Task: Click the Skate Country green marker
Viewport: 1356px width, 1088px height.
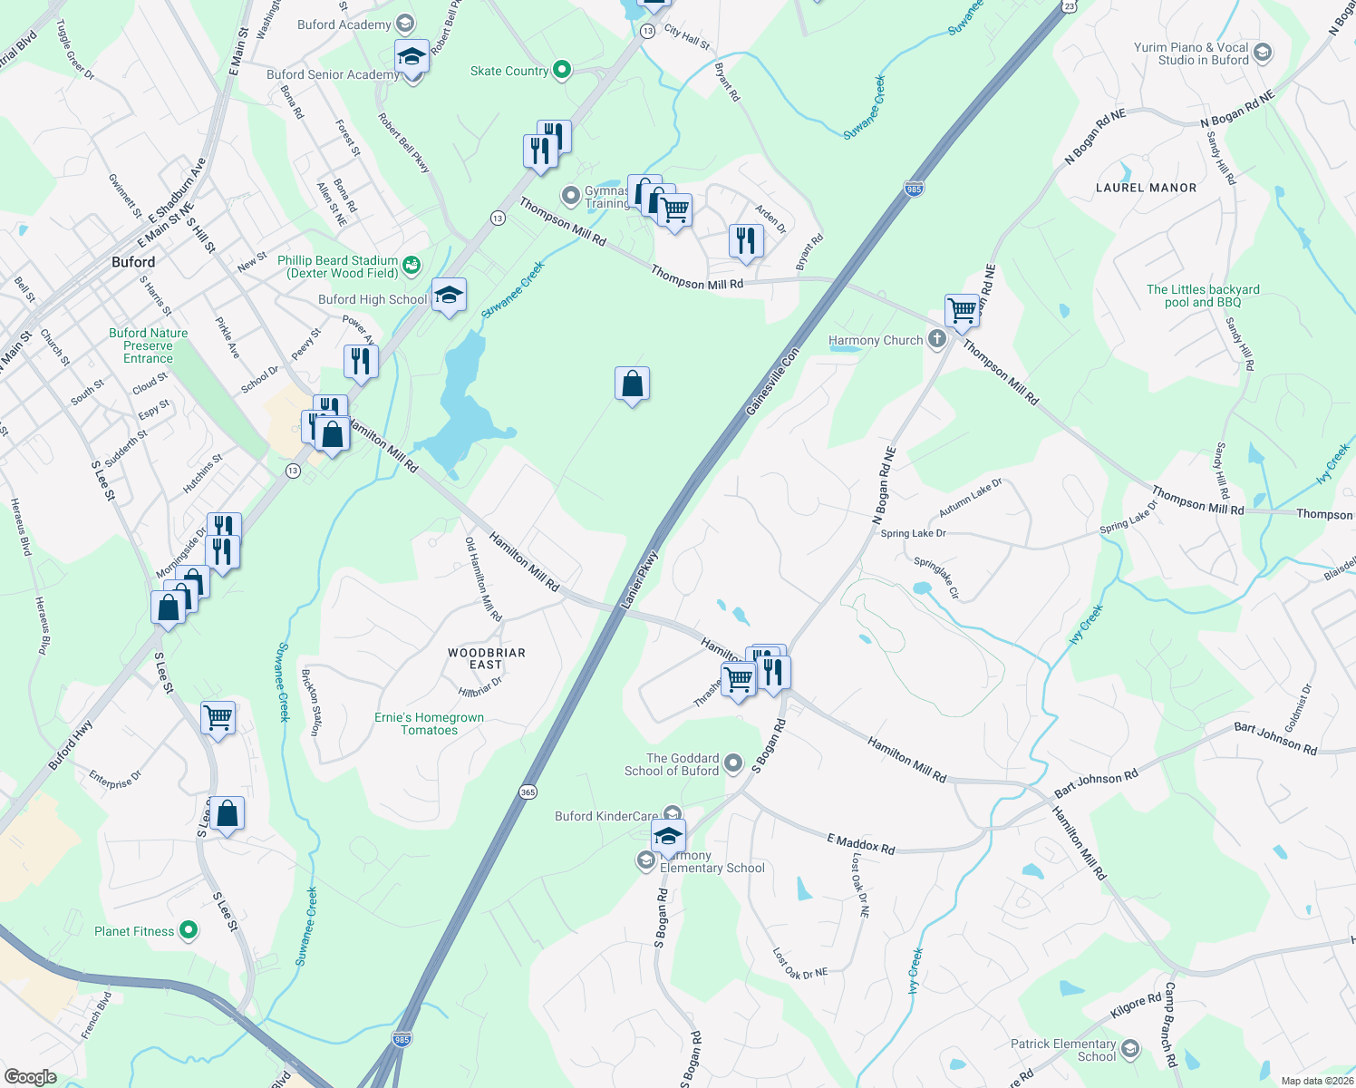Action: click(562, 70)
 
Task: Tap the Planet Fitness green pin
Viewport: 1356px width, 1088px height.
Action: click(189, 930)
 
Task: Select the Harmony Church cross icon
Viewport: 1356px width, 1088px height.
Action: click(937, 340)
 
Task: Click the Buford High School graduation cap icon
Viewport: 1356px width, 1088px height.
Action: click(449, 295)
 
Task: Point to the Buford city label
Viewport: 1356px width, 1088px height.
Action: click(133, 262)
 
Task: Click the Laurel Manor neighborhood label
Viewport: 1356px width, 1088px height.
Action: click(1146, 188)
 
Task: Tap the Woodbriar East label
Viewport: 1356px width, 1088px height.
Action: click(486, 658)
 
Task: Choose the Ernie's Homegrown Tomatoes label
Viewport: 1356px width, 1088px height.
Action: click(429, 724)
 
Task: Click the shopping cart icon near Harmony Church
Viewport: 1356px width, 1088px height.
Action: click(962, 310)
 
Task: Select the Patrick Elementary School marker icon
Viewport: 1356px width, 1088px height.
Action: click(1129, 1050)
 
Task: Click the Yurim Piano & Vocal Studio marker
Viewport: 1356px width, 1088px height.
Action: click(1263, 53)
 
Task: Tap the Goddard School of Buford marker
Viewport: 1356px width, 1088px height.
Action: click(733, 763)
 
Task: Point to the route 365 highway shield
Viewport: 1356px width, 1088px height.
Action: click(528, 792)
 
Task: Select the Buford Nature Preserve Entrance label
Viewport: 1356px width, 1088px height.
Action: click(149, 345)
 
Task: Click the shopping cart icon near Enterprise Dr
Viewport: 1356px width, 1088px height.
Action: click(218, 718)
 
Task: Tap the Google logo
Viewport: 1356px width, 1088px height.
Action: click(30, 1076)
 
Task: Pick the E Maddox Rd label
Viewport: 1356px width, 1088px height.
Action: click(860, 845)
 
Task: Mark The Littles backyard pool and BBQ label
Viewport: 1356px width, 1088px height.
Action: click(1203, 296)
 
